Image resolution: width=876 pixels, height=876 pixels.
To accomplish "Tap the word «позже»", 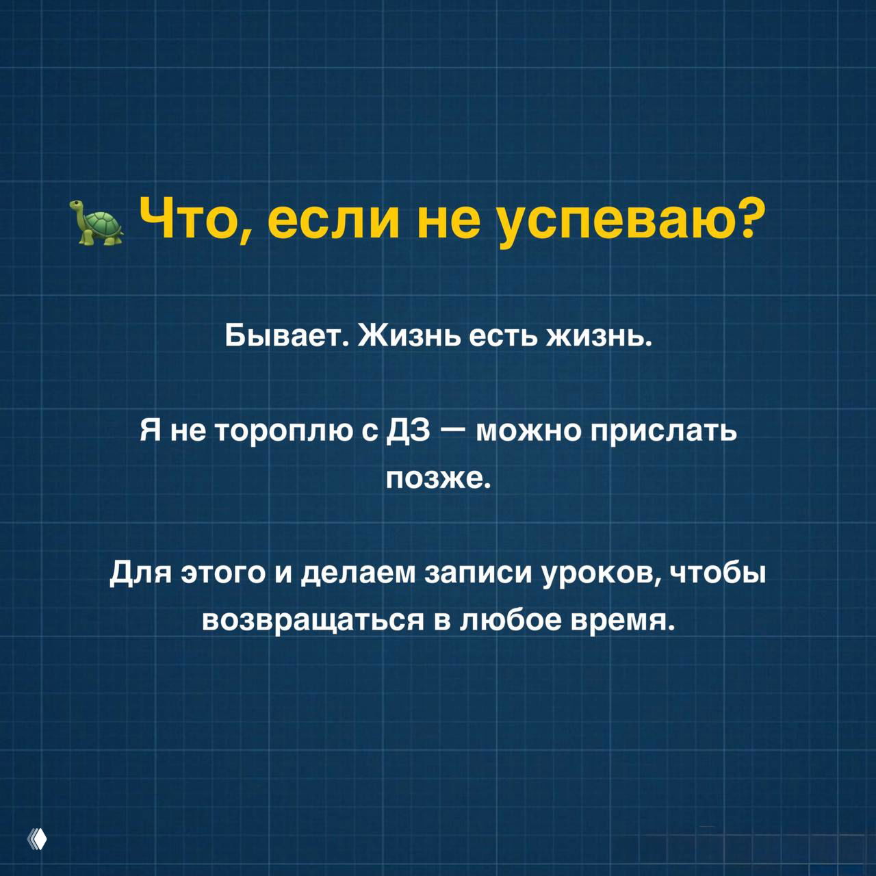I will point(438,477).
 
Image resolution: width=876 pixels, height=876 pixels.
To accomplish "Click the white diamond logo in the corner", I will point(38,839).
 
